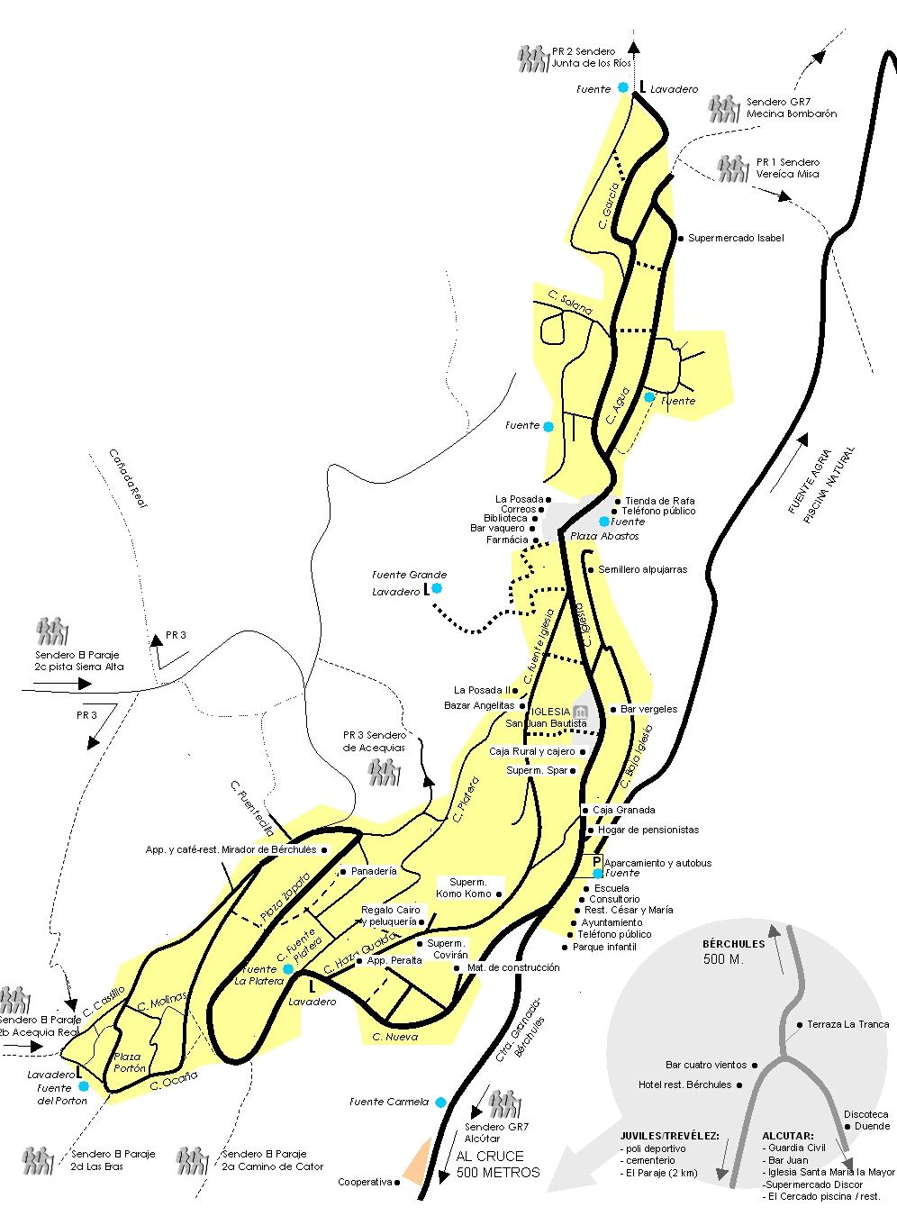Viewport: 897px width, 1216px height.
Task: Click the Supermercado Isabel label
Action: (x=736, y=238)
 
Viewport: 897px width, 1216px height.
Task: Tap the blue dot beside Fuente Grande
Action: (x=436, y=588)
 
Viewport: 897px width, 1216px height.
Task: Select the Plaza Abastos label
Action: (x=604, y=536)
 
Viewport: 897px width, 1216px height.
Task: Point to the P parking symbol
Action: (x=597, y=862)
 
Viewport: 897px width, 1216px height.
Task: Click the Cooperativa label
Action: (x=365, y=1182)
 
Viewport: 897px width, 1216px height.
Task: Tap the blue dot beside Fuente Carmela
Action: (x=440, y=1103)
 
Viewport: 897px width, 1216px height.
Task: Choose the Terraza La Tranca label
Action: (x=847, y=1024)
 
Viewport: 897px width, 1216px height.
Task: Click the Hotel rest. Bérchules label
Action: (x=684, y=1084)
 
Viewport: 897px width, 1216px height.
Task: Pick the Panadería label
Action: (x=374, y=871)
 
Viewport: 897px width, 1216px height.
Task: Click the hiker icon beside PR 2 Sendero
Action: (x=532, y=59)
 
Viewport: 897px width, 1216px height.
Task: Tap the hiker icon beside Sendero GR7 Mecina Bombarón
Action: (x=723, y=108)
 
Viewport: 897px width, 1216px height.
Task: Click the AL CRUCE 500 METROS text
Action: (x=497, y=1165)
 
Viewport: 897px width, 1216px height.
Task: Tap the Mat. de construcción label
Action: (x=513, y=967)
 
